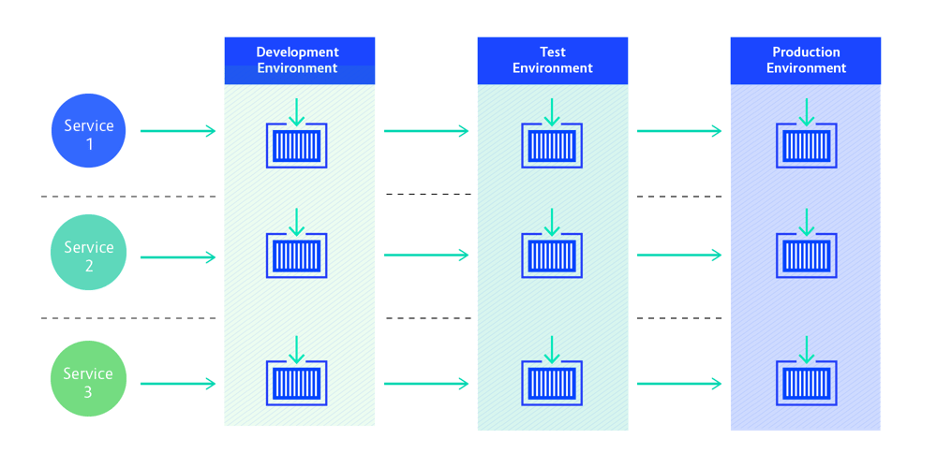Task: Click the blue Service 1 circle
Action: [88, 131]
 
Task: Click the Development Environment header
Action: [299, 60]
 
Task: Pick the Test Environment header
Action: [553, 60]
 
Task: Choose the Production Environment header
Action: [806, 60]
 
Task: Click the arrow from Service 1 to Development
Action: [178, 131]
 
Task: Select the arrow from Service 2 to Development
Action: [178, 256]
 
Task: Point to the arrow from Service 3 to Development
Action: [178, 384]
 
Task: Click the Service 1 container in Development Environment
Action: [297, 146]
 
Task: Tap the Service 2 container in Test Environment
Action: [551, 256]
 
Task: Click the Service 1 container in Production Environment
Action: [806, 146]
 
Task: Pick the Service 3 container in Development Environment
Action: [297, 383]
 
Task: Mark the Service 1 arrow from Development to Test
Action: [425, 131]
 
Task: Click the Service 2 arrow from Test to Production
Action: [679, 255]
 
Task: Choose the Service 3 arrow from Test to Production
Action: [679, 384]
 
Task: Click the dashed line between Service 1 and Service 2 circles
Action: [127, 197]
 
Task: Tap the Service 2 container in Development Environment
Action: [297, 256]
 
